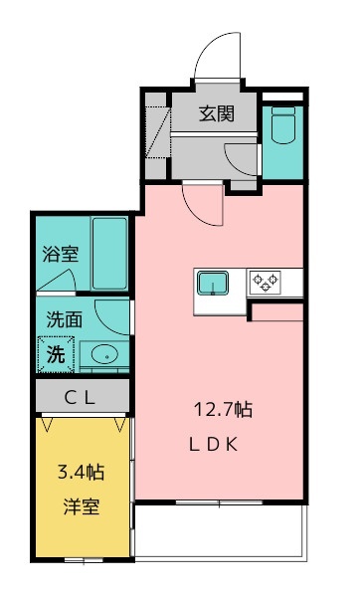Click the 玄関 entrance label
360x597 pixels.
pyautogui.click(x=217, y=113)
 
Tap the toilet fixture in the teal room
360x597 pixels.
pyautogui.click(x=283, y=125)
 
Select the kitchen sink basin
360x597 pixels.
pyautogui.click(x=213, y=283)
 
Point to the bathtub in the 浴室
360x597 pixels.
pyautogui.click(x=109, y=253)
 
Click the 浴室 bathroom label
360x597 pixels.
pyautogui.click(x=61, y=254)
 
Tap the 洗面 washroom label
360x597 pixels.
pyautogui.click(x=65, y=319)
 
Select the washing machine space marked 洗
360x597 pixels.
pyautogui.click(x=56, y=354)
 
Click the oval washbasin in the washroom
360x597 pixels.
pyautogui.click(x=104, y=355)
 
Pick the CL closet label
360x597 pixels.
pyautogui.click(x=80, y=398)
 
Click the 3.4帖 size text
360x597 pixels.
pyautogui.click(x=82, y=472)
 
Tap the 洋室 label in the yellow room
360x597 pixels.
pyautogui.click(x=82, y=506)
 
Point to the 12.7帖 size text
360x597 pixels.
pyautogui.click(x=223, y=410)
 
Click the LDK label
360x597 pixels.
pyautogui.click(x=214, y=445)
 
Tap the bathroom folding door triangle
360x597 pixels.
pyautogui.click(x=57, y=280)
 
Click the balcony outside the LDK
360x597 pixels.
pyautogui.click(x=220, y=532)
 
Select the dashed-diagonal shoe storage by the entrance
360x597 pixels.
pyautogui.click(x=157, y=131)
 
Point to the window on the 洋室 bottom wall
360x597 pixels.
pyautogui.click(x=84, y=560)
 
